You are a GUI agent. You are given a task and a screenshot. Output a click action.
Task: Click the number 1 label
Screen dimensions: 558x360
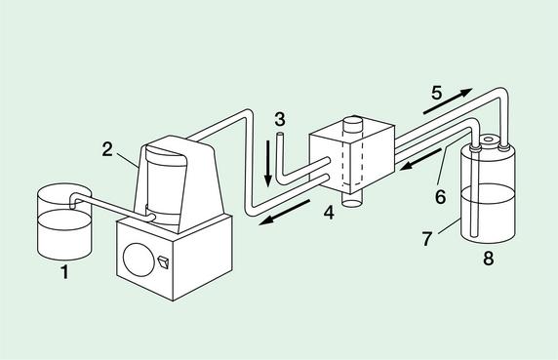point(64,272)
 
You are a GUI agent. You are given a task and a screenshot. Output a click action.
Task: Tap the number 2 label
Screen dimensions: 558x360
point(107,150)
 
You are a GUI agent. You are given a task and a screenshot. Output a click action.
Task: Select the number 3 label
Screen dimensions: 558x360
point(280,119)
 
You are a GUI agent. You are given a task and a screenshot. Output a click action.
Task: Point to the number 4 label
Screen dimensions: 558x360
point(329,213)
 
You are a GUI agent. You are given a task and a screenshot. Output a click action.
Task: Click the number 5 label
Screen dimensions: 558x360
point(437,93)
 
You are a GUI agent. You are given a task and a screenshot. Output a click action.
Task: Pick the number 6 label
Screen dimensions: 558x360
point(440,197)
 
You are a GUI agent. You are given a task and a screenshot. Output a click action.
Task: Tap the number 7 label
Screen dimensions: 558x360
point(427,239)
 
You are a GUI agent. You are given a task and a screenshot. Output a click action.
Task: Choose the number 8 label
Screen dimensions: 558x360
point(488,258)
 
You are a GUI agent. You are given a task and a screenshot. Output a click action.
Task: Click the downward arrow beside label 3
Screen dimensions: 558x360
point(268,164)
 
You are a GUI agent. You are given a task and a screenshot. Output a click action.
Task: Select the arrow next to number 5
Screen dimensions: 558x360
point(448,101)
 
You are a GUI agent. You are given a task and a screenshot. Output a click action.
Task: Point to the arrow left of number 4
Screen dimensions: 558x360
point(284,213)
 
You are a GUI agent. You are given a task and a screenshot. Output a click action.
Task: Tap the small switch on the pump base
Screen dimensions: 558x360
point(163,262)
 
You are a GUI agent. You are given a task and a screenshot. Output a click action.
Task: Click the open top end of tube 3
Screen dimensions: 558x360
point(280,135)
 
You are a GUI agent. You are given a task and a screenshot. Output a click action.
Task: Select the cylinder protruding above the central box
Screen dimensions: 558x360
point(353,126)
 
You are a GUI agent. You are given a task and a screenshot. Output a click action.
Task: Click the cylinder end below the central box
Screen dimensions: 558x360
point(352,201)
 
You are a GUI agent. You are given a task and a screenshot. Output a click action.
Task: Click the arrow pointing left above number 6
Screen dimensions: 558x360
point(420,159)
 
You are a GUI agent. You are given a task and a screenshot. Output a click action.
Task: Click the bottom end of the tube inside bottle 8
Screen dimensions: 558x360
point(473,235)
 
